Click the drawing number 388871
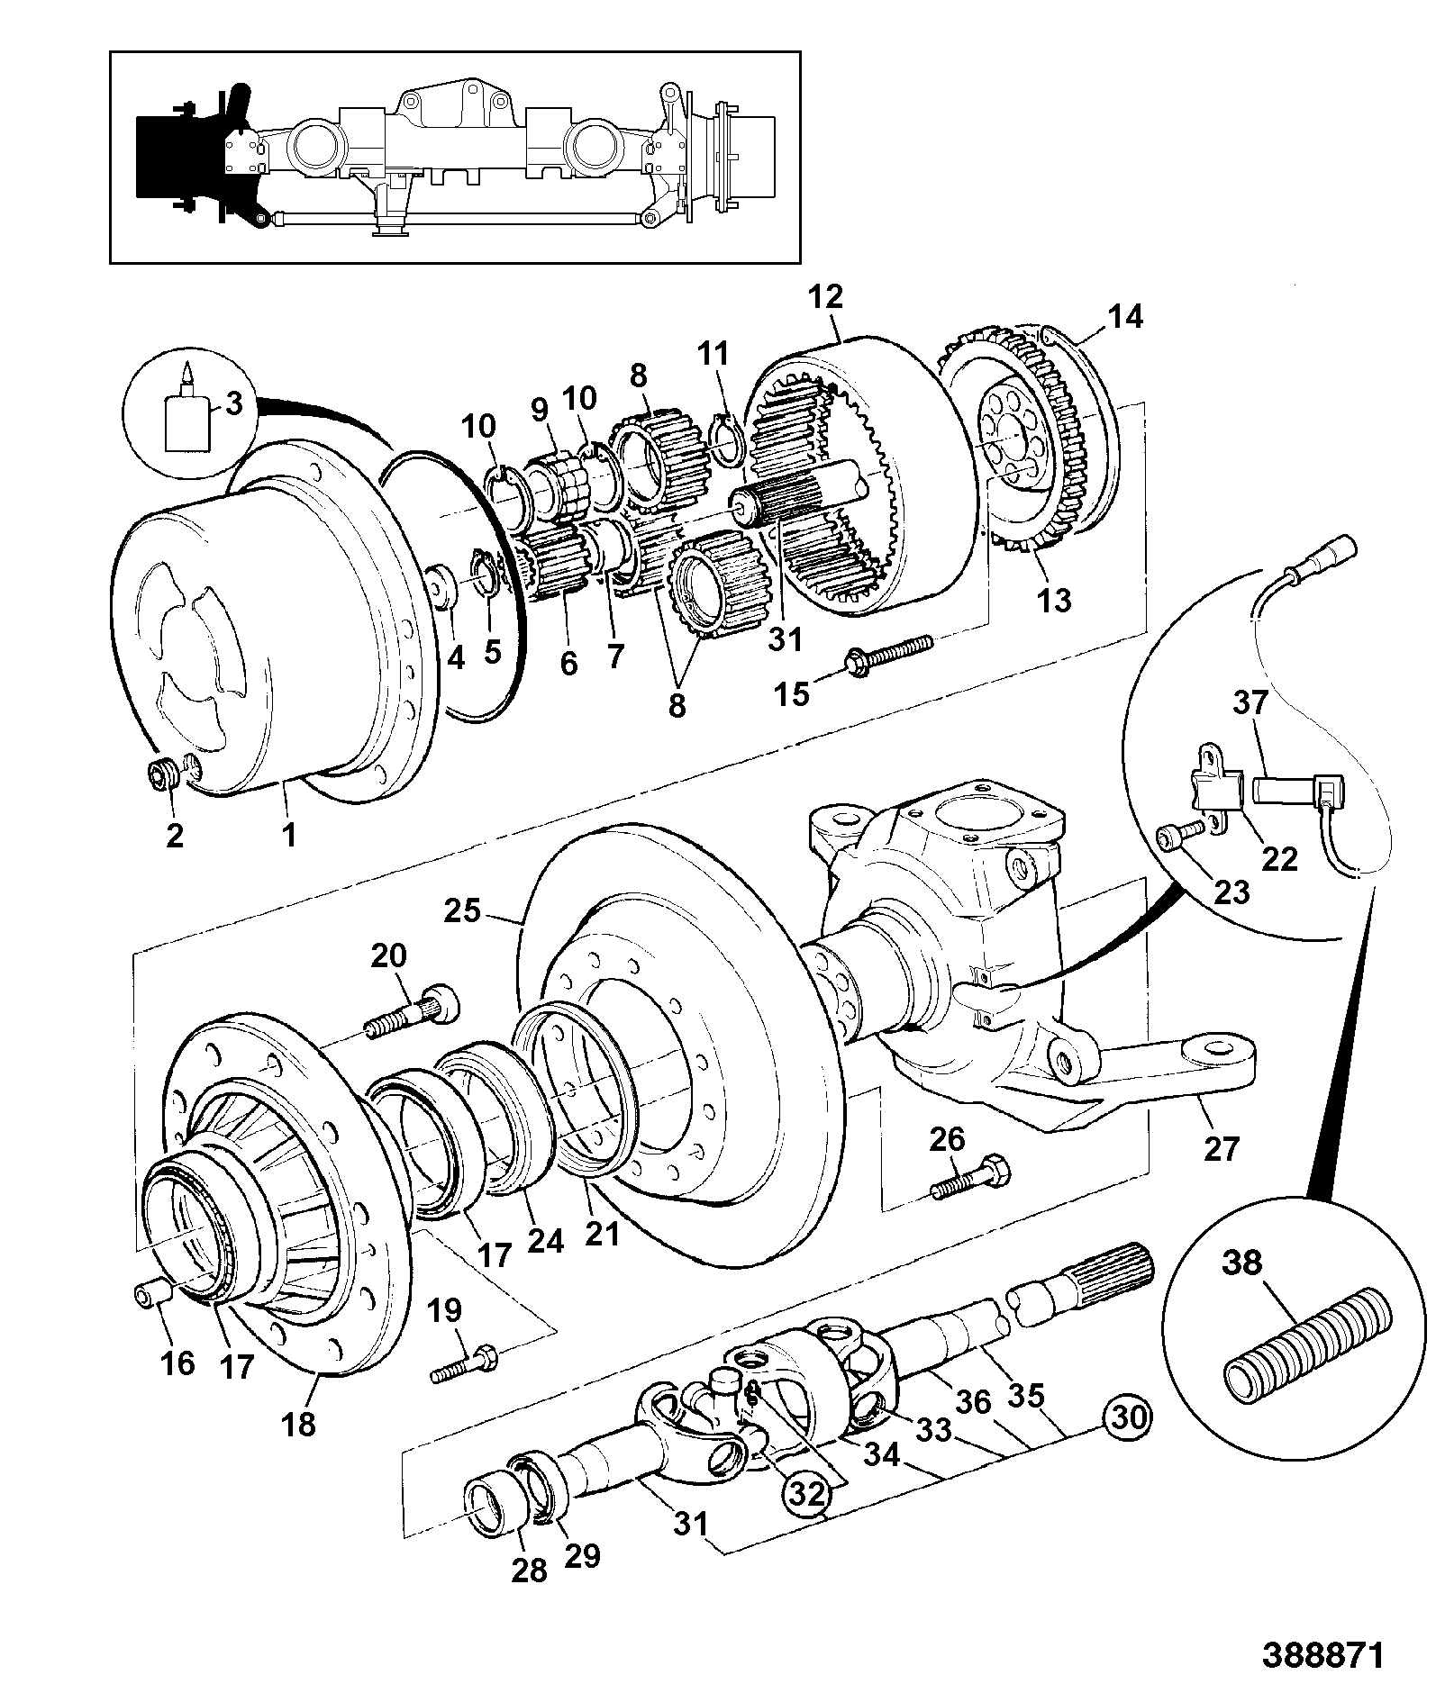[x=1321, y=1656]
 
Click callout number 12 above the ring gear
[x=826, y=297]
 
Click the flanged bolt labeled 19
[x=465, y=1362]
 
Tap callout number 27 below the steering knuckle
[x=1221, y=1148]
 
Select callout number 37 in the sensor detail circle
[x=1250, y=702]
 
